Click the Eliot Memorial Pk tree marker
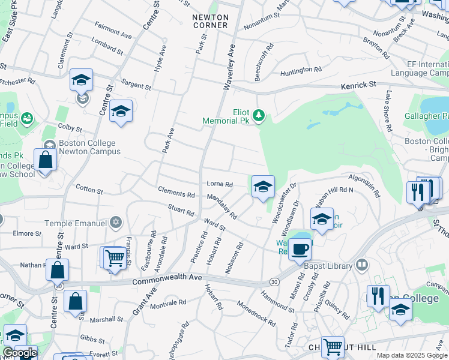click(x=259, y=115)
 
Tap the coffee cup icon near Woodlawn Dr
click(x=300, y=248)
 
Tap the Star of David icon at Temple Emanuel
click(x=116, y=223)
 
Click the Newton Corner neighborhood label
click(x=210, y=21)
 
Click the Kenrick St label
click(x=358, y=85)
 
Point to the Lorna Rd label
click(x=220, y=184)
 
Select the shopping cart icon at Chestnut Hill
click(x=332, y=346)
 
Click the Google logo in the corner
click(x=20, y=353)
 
